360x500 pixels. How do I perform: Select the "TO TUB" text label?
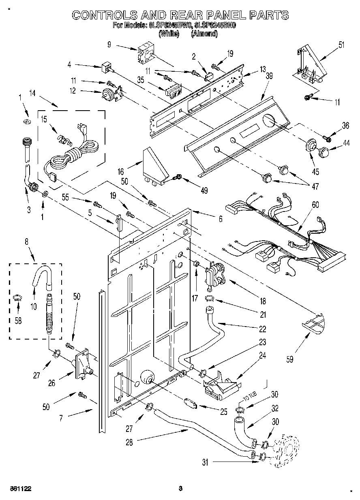click(245, 398)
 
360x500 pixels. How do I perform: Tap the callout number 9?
click(109, 45)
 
